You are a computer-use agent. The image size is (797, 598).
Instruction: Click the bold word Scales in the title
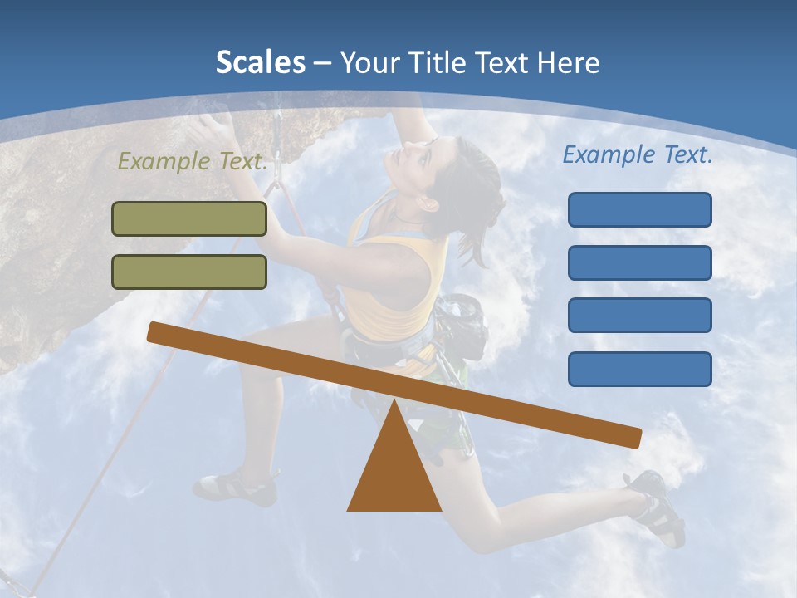(x=260, y=62)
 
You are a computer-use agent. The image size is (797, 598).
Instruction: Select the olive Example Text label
(x=193, y=162)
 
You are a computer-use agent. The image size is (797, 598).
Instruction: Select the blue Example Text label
(x=638, y=154)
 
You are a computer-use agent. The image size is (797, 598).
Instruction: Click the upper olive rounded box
(x=189, y=218)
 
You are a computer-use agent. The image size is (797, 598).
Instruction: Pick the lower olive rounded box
(x=189, y=272)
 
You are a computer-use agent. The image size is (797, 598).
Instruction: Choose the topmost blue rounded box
(x=639, y=209)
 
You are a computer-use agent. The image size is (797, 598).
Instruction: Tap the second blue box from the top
(x=639, y=262)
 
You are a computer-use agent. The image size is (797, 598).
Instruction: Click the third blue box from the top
(x=639, y=315)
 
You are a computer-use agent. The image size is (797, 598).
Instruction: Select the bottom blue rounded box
(x=639, y=369)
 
